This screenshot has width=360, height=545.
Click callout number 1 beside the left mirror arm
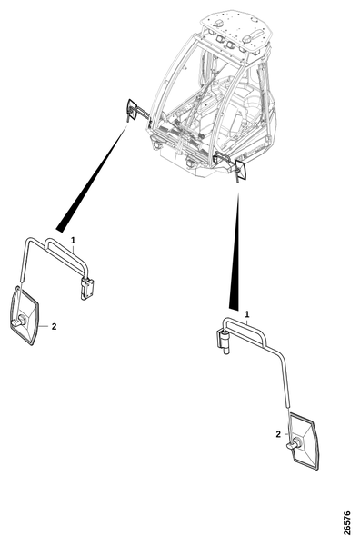coord(73,240)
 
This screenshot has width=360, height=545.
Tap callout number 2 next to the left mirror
coord(54,327)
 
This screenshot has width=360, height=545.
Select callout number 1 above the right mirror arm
coord(247,314)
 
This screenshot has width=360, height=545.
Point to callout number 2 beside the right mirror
coord(278,434)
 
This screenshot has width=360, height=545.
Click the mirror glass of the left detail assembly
coord(25,315)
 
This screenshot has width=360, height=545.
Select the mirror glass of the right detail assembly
coord(304,441)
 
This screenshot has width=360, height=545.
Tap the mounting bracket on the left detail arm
coord(86,289)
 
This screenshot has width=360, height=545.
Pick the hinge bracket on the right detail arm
coord(223,342)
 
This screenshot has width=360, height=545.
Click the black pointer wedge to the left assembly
coord(93,178)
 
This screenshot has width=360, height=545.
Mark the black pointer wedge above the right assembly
coord(235,252)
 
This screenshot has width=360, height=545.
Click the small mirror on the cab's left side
coord(132,110)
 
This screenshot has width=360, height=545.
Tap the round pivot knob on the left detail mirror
coord(21,320)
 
